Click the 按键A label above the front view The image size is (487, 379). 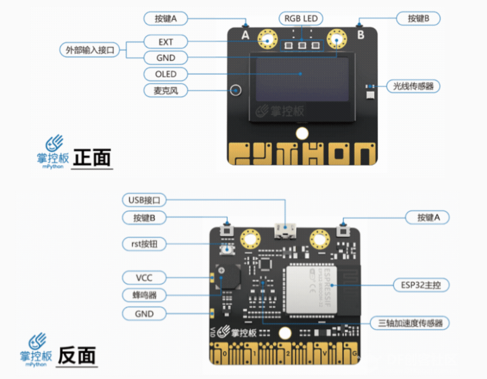(166, 19)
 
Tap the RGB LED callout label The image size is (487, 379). (301, 19)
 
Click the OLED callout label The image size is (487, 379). (166, 74)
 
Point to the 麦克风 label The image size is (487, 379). (166, 90)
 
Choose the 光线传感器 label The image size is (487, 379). (413, 86)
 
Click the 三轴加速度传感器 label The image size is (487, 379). (410, 323)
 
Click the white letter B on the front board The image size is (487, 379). (360, 35)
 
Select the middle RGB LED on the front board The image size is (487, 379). (302, 45)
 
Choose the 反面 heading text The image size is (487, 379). (77, 355)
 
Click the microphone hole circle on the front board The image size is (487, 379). (236, 89)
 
